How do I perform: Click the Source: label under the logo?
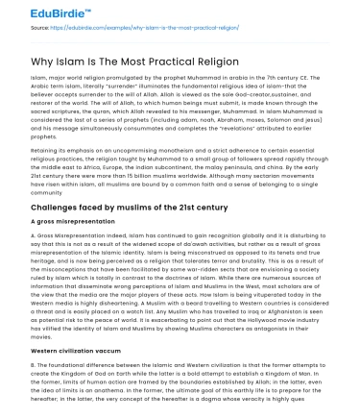click(40, 29)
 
